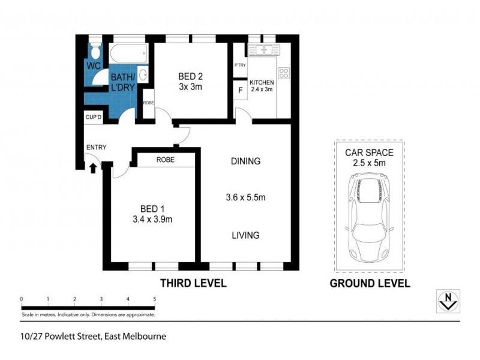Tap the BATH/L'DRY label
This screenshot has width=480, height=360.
[x=122, y=82]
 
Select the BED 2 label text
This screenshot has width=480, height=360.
[x=190, y=76]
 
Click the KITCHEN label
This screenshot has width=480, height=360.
[x=262, y=82]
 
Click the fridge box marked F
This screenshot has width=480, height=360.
[x=240, y=91]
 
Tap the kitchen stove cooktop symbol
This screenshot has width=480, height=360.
[x=284, y=74]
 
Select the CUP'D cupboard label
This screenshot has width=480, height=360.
[x=93, y=118]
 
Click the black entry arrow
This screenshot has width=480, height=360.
[x=92, y=169]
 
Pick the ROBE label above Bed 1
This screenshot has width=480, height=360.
[x=165, y=160]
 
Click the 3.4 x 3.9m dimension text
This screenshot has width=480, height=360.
[x=152, y=219]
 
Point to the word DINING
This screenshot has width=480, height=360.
[x=245, y=161]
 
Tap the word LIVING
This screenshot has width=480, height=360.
[x=245, y=235]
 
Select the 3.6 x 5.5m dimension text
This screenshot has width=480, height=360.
[x=245, y=197]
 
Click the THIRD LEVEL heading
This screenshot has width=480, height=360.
[x=193, y=283]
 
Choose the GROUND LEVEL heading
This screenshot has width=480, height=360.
[x=370, y=283]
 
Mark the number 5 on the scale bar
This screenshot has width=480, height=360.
[x=155, y=299]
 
